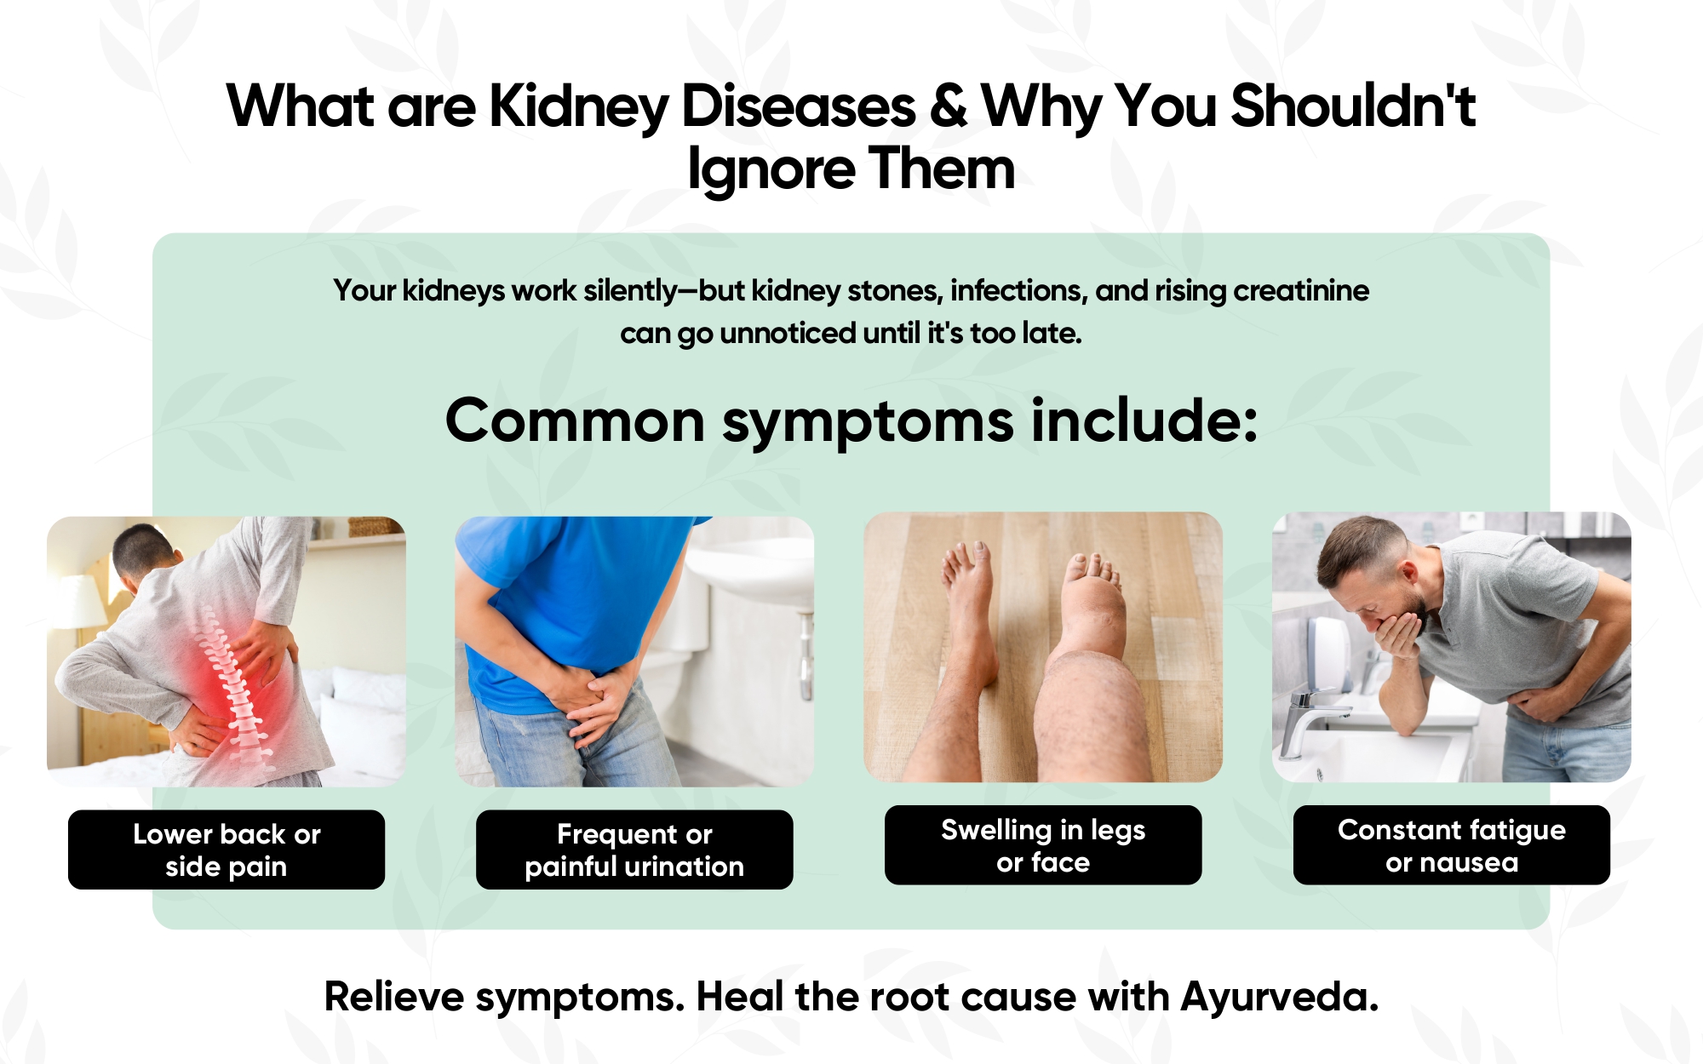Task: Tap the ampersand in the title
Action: pos(949,106)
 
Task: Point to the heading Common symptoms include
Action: pos(851,421)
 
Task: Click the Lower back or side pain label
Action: pos(226,849)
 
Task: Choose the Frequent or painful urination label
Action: pos(634,849)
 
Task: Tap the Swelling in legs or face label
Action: pos(1043,845)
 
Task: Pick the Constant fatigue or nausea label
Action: pos(1452,845)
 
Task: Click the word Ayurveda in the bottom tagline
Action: pos(1279,997)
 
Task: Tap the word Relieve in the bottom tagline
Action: pos(394,997)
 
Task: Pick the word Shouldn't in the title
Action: pos(1353,106)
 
